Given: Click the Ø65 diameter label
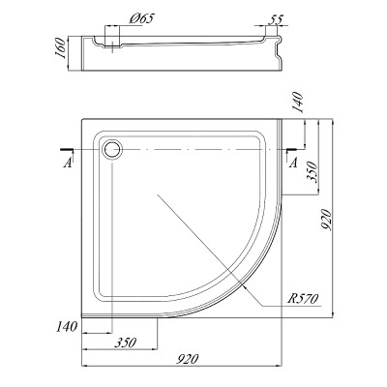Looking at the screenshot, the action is (x=142, y=18).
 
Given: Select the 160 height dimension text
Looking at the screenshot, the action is (x=61, y=47).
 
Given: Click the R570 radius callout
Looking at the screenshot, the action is (x=303, y=299).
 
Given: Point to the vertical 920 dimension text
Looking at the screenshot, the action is (x=326, y=220).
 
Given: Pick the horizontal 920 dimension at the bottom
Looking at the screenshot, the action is (x=187, y=359).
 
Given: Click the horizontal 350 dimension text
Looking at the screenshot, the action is (x=125, y=342).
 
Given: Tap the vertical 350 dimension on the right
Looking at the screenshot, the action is (x=313, y=172).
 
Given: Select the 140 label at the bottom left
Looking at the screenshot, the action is (x=67, y=327).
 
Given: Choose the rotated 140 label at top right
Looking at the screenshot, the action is (x=298, y=103).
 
